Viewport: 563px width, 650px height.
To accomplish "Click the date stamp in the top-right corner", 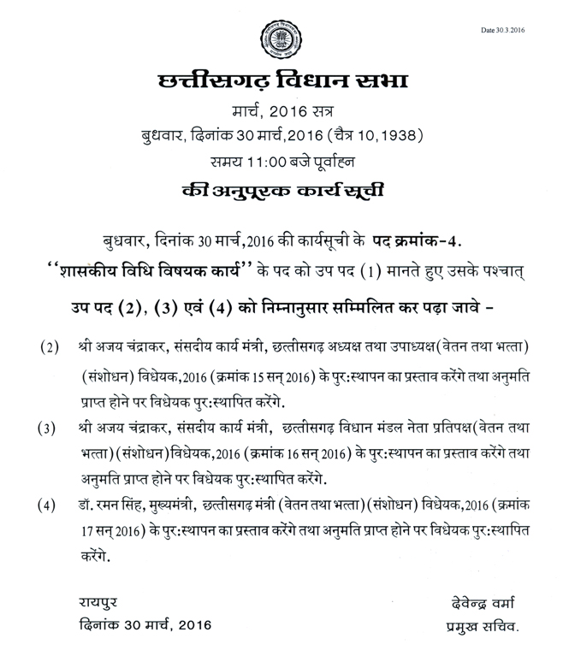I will (x=502, y=30).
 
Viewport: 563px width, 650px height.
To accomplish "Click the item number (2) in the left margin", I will (x=49, y=347).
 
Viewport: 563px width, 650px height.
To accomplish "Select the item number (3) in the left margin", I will (x=49, y=428).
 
